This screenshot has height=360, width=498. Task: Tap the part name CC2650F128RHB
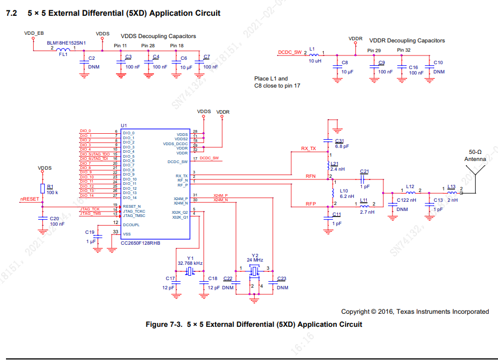click(140, 243)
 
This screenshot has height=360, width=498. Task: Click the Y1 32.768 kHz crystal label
click(190, 260)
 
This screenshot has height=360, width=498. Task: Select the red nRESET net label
click(29, 199)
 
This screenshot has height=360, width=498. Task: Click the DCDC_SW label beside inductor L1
click(290, 52)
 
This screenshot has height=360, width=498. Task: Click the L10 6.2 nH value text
click(347, 196)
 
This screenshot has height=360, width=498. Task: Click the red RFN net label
click(311, 175)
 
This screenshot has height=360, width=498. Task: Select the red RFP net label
click(311, 204)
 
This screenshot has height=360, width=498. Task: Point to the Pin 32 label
click(404, 50)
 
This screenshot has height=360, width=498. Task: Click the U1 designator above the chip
click(124, 125)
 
